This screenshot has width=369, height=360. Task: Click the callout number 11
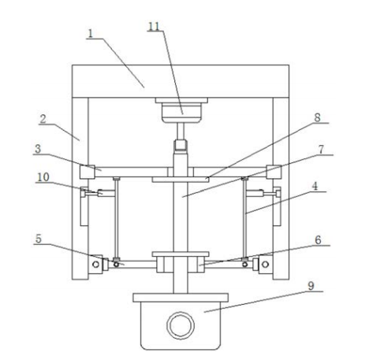coord(154,27)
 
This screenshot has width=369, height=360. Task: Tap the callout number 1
coord(91,34)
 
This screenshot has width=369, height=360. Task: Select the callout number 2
coord(43,119)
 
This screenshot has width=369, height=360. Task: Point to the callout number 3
coord(38,149)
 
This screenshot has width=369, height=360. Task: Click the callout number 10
coord(43,177)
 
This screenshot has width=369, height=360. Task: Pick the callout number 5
coord(39,239)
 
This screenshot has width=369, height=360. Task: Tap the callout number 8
coord(318,117)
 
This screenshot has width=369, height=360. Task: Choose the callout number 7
coord(321,150)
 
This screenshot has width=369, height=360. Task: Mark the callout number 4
coord(315,186)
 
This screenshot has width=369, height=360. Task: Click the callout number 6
coord(318,239)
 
